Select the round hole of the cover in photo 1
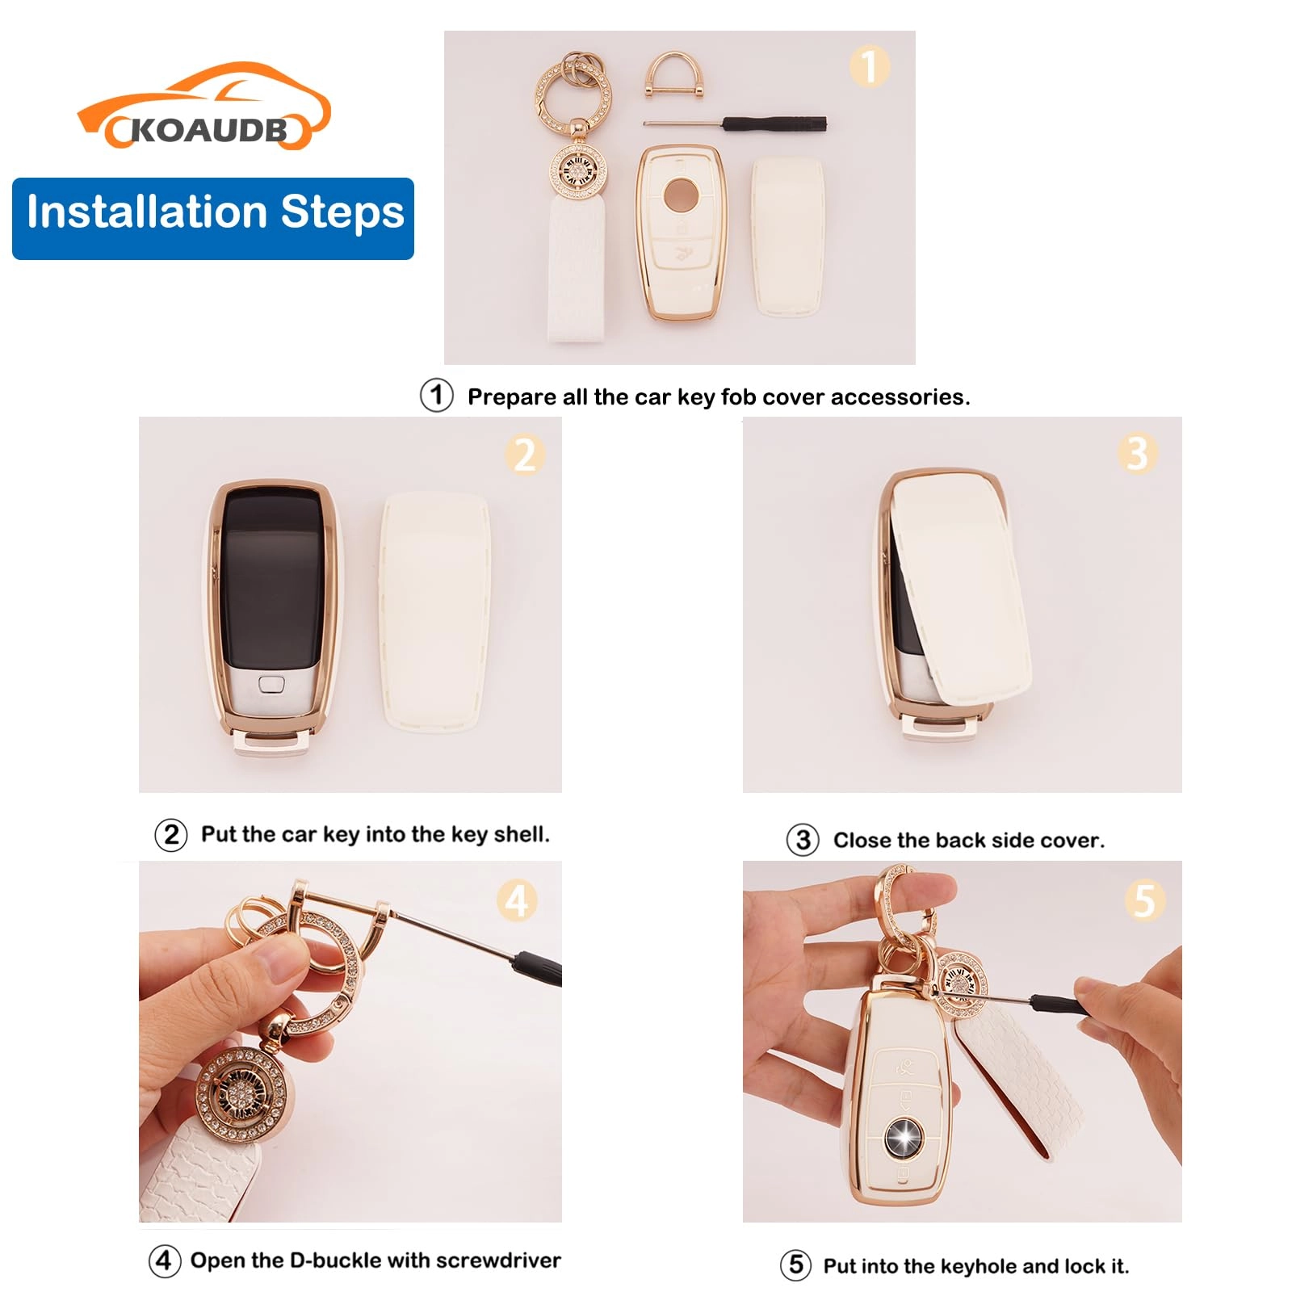point(680,193)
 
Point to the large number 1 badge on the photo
point(869,66)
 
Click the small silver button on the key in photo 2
point(271,685)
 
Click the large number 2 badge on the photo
point(525,455)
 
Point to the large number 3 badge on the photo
point(1137,454)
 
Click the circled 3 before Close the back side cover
point(803,840)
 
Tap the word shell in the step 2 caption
point(522,834)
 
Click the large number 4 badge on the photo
point(517,900)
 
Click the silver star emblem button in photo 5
point(901,1137)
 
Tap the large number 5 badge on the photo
point(1143,900)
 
